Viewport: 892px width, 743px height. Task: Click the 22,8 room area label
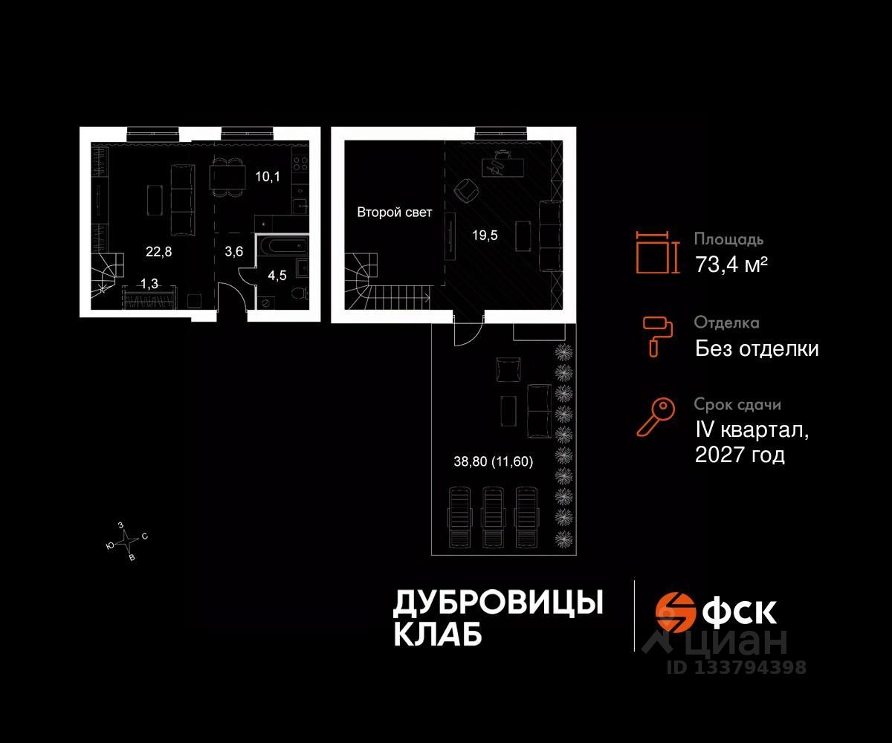pos(158,251)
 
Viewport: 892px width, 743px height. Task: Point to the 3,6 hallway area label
pos(233,251)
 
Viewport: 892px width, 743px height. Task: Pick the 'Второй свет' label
pos(394,212)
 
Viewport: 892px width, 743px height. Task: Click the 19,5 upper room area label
pos(484,236)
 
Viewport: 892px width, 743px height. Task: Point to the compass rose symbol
pos(129,540)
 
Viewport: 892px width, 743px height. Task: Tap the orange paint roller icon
pos(658,335)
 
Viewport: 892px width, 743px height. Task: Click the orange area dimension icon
pos(658,253)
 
